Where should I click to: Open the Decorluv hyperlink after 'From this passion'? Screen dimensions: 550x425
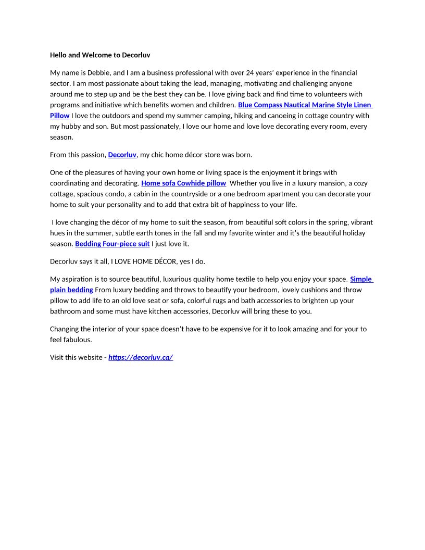[122, 155]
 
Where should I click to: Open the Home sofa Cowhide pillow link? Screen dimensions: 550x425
[183, 183]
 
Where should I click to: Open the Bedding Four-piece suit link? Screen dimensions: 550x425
[112, 244]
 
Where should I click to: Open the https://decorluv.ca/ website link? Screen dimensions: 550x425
[141, 358]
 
